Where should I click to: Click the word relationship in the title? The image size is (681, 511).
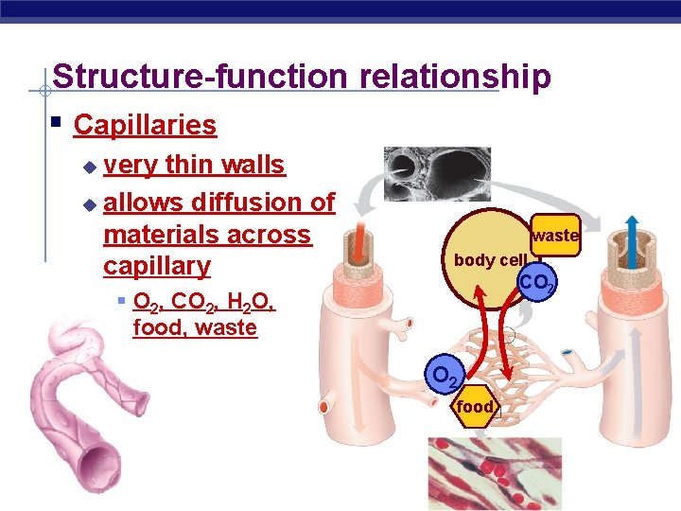pos(443,77)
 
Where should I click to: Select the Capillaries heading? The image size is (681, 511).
pos(145,125)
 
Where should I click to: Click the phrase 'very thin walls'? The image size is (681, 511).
pos(194,165)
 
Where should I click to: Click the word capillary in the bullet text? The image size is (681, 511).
pos(157,266)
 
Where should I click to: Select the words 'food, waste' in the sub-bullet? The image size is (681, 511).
pos(195,328)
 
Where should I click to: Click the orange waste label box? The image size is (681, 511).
pos(554,236)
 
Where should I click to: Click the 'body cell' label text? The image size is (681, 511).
pos(489,260)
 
